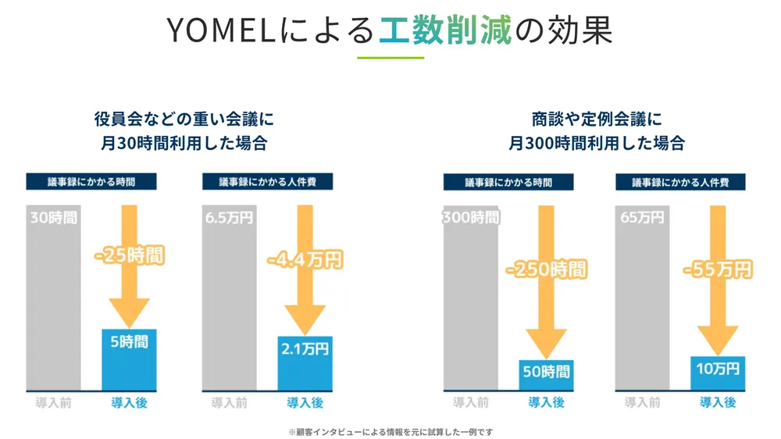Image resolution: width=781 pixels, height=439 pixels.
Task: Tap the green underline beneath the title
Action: pyautogui.click(x=390, y=58)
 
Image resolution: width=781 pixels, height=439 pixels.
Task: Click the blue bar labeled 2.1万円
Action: pyautogui.click(x=305, y=363)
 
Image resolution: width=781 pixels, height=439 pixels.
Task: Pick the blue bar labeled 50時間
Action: pyautogui.click(x=546, y=375)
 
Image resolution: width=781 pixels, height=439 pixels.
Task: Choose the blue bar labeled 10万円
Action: pyautogui.click(x=718, y=373)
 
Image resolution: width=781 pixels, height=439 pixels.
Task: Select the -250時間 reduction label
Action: pyautogui.click(x=546, y=270)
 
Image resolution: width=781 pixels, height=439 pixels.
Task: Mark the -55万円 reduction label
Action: pyautogui.click(x=717, y=269)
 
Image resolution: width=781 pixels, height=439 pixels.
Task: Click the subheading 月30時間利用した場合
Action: pyautogui.click(x=183, y=144)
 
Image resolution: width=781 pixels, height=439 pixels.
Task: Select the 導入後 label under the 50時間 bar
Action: pyautogui.click(x=546, y=403)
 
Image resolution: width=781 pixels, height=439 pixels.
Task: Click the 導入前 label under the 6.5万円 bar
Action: pyautogui.click(x=229, y=403)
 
